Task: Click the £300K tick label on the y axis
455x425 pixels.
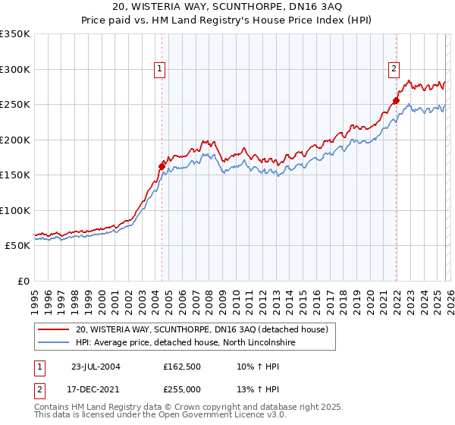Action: [x=15, y=69]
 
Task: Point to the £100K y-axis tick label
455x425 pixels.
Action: [x=15, y=210]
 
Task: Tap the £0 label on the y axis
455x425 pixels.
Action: [x=22, y=281]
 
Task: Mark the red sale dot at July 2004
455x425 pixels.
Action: [x=162, y=166]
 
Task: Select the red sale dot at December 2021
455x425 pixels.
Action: [x=396, y=101]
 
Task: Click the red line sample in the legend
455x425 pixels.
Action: [x=54, y=329]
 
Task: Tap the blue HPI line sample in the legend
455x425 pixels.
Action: [x=54, y=343]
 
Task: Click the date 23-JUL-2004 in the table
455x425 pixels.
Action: [x=96, y=367]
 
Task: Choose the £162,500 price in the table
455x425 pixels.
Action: [x=182, y=367]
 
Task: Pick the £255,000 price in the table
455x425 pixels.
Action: [x=182, y=389]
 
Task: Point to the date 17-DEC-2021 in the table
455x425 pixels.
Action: [x=96, y=389]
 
